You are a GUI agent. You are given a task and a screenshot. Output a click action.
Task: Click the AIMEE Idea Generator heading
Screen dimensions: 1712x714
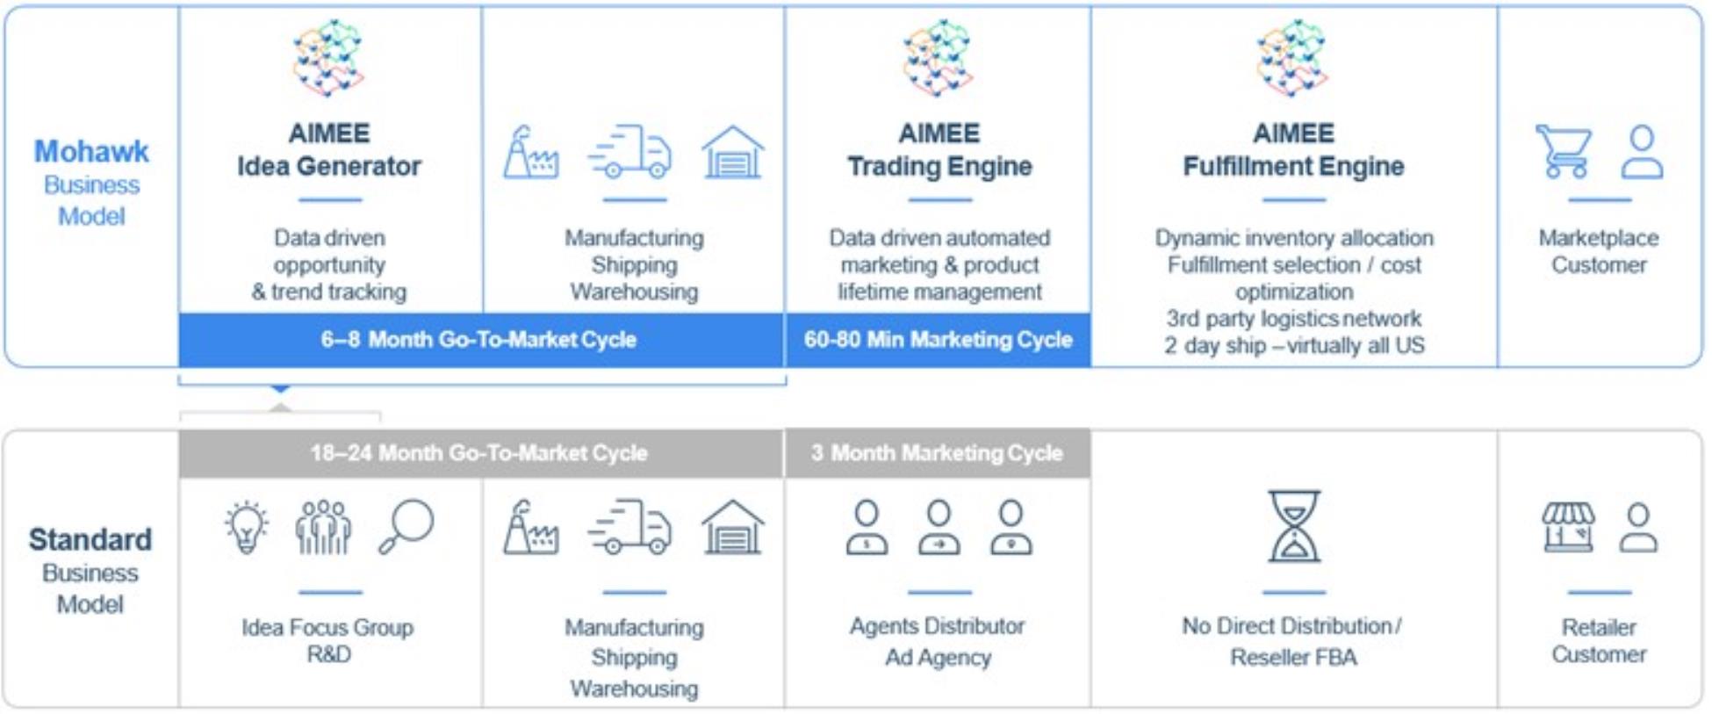pyautogui.click(x=329, y=149)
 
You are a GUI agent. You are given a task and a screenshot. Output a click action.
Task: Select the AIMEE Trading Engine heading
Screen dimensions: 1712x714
pyautogui.click(x=939, y=149)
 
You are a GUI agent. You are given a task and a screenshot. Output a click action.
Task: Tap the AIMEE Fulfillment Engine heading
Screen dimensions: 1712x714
pyautogui.click(x=1293, y=149)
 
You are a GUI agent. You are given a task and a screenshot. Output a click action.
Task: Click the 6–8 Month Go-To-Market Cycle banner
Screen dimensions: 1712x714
pyautogui.click(x=481, y=339)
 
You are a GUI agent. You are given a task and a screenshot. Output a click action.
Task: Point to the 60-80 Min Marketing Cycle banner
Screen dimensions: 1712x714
pyautogui.click(x=938, y=339)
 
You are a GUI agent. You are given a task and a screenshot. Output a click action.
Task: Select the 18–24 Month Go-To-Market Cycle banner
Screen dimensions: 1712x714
pyautogui.click(x=480, y=453)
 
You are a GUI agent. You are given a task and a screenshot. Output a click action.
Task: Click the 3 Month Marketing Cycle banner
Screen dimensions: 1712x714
pyautogui.click(x=938, y=453)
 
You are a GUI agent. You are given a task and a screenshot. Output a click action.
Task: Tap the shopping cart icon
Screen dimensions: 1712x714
pyautogui.click(x=1564, y=151)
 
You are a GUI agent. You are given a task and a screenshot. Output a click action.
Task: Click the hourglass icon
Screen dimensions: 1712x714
pyautogui.click(x=1294, y=526)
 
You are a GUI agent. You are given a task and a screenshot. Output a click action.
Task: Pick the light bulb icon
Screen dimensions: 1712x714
pyautogui.click(x=247, y=527)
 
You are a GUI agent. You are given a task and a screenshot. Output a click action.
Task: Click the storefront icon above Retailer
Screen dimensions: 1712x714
pyautogui.click(x=1569, y=527)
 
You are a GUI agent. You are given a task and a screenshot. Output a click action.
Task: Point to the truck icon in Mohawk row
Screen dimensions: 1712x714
pyautogui.click(x=630, y=151)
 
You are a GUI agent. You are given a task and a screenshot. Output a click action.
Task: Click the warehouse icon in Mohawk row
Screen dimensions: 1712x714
pyautogui.click(x=733, y=152)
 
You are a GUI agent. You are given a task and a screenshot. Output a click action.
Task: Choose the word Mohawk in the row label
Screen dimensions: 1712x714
pyautogui.click(x=91, y=151)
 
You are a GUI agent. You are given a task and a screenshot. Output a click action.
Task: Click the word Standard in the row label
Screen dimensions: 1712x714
pyautogui.click(x=90, y=539)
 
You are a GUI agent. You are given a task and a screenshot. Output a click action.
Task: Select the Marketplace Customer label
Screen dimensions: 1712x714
pyautogui.click(x=1599, y=251)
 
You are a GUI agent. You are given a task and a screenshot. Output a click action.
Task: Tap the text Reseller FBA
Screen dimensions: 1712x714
pyautogui.click(x=1293, y=657)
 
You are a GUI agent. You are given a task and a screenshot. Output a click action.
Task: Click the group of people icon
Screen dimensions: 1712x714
pyautogui.click(x=324, y=527)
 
